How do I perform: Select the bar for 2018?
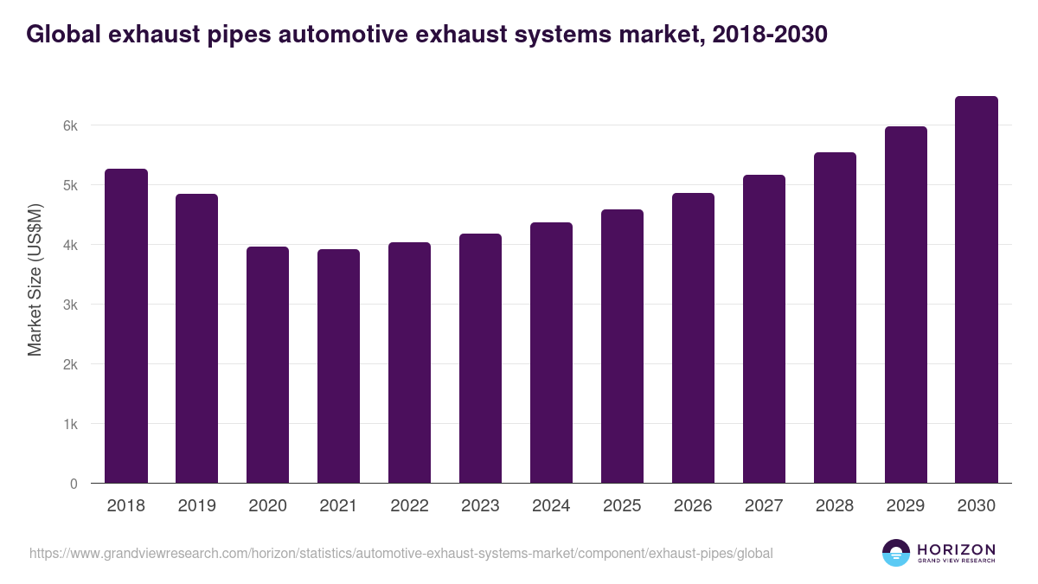pos(126,326)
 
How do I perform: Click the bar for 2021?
pos(338,366)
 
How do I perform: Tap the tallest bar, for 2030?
pos(977,290)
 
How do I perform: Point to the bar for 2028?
pos(835,318)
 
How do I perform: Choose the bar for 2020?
pos(267,365)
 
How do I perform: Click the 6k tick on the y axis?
pos(70,125)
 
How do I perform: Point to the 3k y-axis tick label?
pos(70,305)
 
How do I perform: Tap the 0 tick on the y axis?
pos(74,484)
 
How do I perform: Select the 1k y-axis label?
pos(70,424)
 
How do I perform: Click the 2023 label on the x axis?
pos(480,506)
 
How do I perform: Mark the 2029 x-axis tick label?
pos(906,506)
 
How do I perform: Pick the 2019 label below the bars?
pos(196,506)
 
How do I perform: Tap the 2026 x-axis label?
pos(693,506)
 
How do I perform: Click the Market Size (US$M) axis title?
pos(35,279)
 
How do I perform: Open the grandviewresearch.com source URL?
pos(400,553)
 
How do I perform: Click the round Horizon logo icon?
pos(896,553)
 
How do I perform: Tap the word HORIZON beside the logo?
pos(956,549)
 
